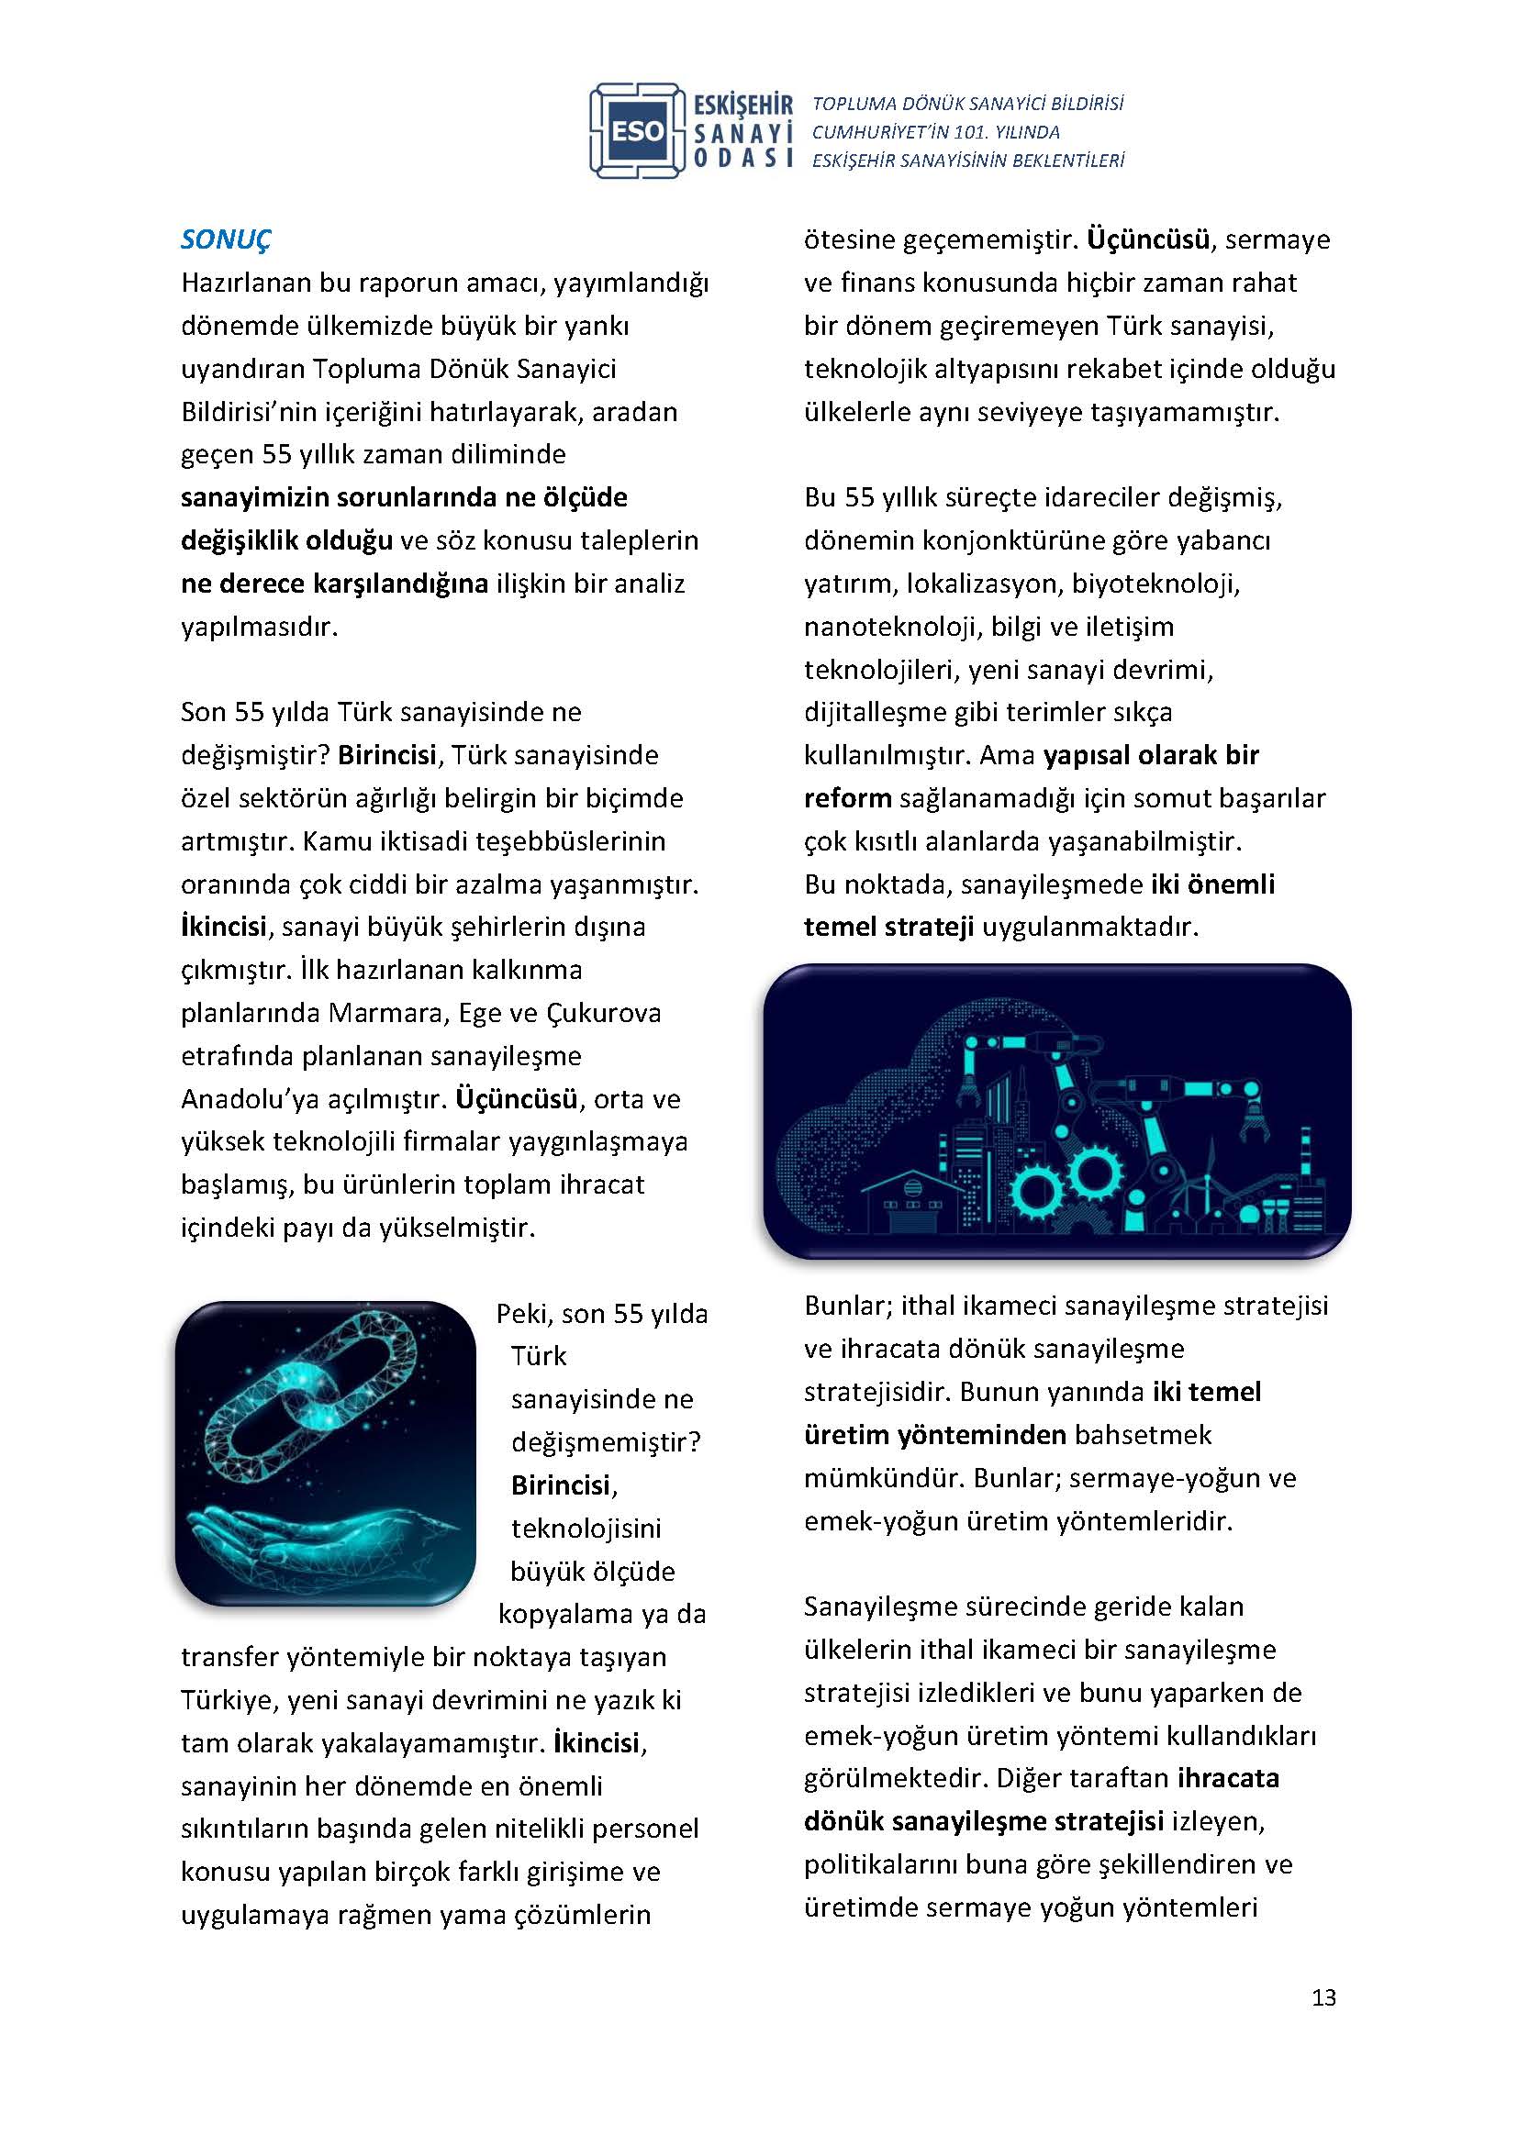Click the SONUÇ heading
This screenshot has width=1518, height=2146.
pos(225,239)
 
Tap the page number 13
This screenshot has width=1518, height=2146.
pos(1323,1998)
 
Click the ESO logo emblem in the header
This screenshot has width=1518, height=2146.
pos(638,131)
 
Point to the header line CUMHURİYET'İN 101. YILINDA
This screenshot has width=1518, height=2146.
pos(935,132)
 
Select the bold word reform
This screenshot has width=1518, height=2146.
pos(847,798)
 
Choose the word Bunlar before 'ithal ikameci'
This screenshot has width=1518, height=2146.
pos(847,1306)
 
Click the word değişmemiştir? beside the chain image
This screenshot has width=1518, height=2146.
pos(606,1443)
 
